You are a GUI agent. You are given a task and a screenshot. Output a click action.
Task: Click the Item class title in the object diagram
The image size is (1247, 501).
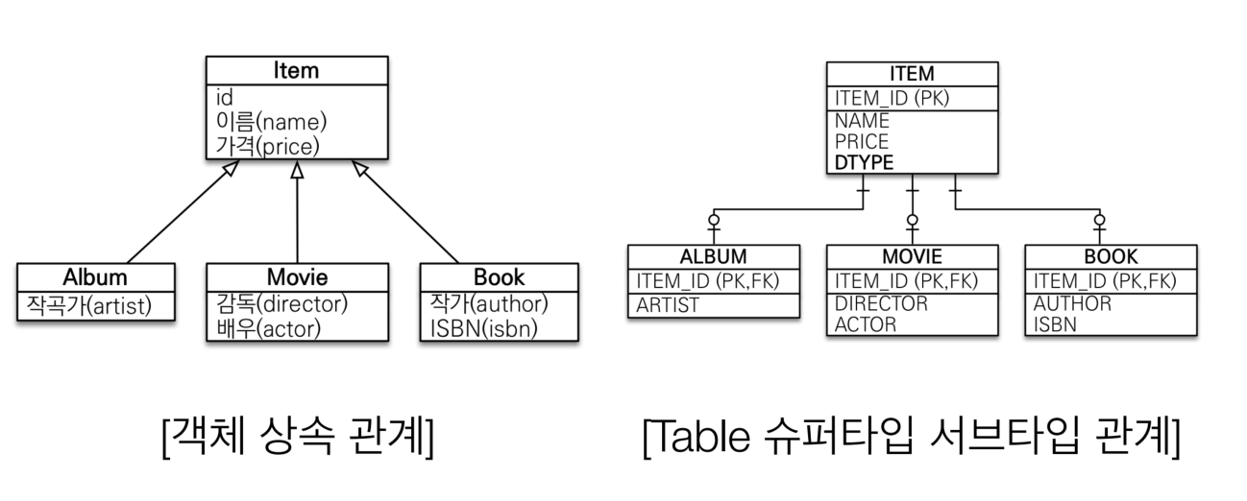[x=296, y=70]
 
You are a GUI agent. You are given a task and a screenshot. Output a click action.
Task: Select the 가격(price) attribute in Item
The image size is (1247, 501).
[x=267, y=146]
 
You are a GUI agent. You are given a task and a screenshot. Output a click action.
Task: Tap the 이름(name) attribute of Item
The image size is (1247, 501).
[x=272, y=122]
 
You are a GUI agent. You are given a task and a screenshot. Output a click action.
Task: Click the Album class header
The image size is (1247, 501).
[x=95, y=277]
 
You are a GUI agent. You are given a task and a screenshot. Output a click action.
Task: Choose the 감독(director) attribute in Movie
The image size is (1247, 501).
[x=282, y=304]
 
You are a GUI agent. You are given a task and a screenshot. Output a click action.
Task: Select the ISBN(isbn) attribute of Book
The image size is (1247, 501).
[x=484, y=328]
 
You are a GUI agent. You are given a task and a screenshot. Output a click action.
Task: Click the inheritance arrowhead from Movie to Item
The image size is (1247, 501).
[x=297, y=170]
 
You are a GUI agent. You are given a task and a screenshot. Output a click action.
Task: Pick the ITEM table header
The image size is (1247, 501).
[x=912, y=75]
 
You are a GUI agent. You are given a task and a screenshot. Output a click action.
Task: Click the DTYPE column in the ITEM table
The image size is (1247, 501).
[x=865, y=162]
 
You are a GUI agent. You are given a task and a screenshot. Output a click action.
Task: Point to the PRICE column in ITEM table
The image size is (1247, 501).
[x=862, y=142]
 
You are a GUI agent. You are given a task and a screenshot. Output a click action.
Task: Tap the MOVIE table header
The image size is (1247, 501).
[x=912, y=257]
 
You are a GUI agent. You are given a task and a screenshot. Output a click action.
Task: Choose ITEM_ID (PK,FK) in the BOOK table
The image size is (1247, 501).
[x=1105, y=281]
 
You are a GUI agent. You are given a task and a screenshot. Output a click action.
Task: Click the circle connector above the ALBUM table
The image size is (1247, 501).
[x=713, y=221]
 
